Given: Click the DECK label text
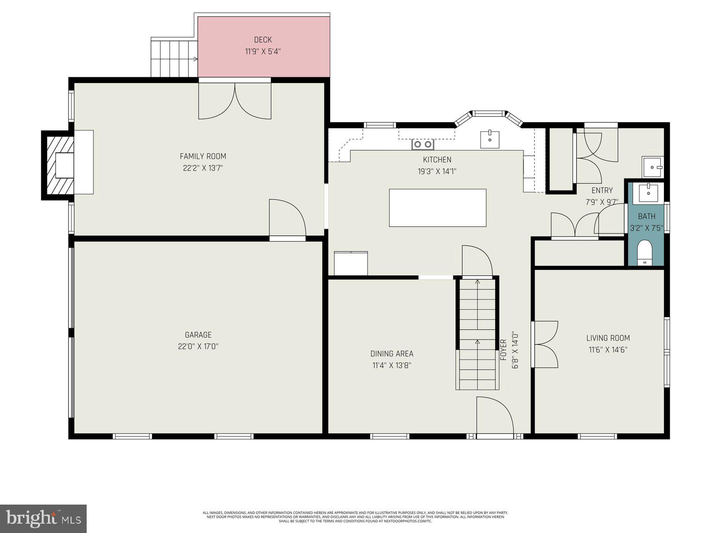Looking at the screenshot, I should tap(263, 40).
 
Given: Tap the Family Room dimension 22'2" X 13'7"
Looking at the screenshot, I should tap(203, 168).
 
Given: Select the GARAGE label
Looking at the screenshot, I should tap(198, 335).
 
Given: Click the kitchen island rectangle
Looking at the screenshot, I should tap(437, 208).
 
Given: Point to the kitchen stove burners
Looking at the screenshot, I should tap(423, 144).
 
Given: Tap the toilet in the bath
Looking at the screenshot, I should tap(645, 254).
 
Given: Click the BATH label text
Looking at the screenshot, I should tap(647, 216).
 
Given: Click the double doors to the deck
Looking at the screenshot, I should tap(235, 101).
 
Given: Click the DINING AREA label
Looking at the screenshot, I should tap(391, 354).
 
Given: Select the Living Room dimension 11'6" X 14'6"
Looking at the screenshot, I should tap(607, 350).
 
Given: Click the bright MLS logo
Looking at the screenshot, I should tap(43, 518).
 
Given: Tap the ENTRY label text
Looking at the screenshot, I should tap(602, 190).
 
